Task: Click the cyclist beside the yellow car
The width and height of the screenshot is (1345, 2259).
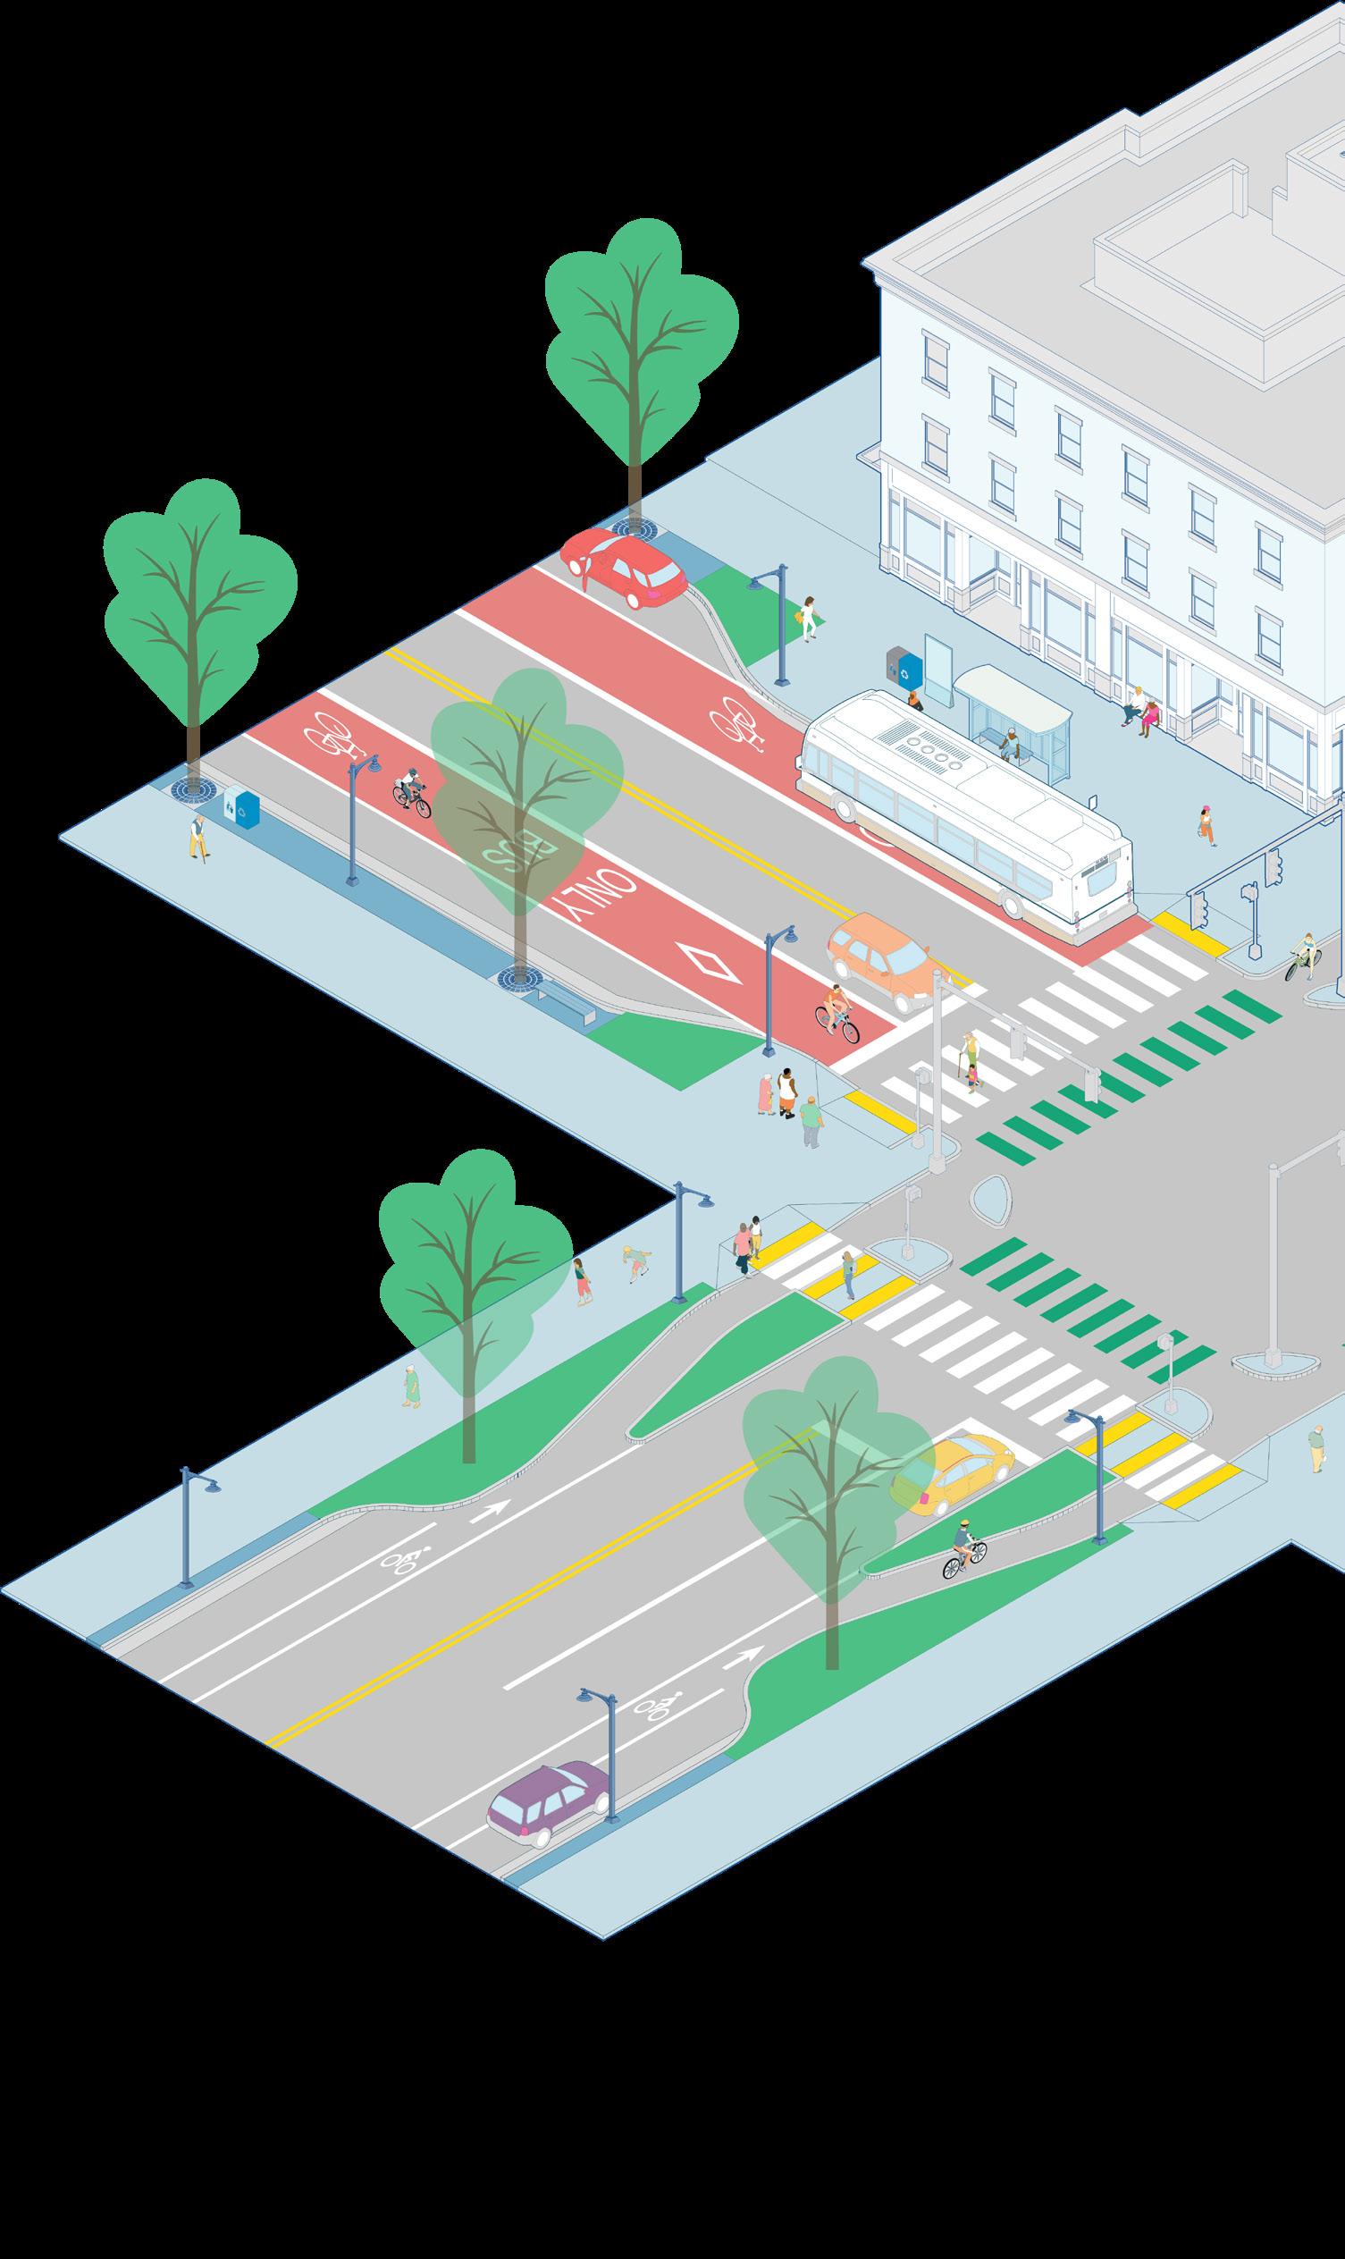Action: [964, 1548]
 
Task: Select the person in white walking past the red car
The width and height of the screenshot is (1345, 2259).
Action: [808, 619]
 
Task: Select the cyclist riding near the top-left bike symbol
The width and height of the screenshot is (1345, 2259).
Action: [409, 791]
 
